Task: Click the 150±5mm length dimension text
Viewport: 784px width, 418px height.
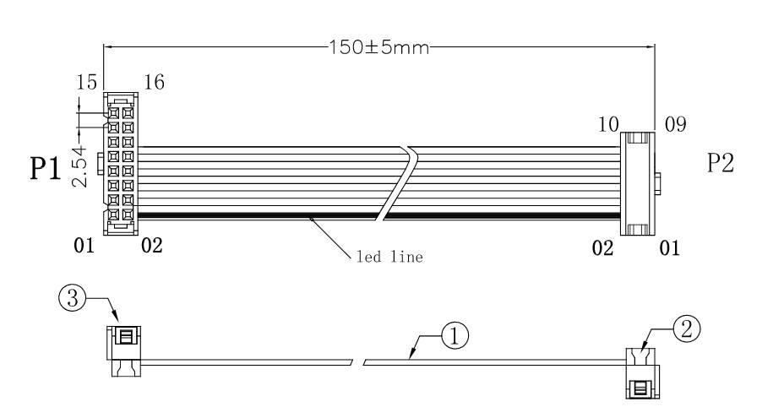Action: pyautogui.click(x=379, y=47)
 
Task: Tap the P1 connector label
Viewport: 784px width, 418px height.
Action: pyautogui.click(x=46, y=168)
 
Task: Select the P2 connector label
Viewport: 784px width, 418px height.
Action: pyautogui.click(x=721, y=162)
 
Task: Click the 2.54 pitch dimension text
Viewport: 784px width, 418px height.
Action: pyautogui.click(x=80, y=166)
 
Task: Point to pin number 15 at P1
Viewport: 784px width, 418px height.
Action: pyautogui.click(x=86, y=82)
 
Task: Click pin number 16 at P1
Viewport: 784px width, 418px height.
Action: pyautogui.click(x=154, y=82)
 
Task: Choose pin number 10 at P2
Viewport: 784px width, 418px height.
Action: pyautogui.click(x=608, y=124)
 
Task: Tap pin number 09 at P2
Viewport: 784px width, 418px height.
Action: pyautogui.click(x=676, y=124)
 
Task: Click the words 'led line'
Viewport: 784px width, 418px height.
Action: pyautogui.click(x=389, y=257)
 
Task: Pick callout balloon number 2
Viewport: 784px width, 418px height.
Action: pyautogui.click(x=687, y=328)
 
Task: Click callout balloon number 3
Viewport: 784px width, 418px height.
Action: pyautogui.click(x=73, y=298)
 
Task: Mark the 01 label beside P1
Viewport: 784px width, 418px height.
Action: pyautogui.click(x=84, y=246)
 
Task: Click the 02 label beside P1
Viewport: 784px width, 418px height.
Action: pyautogui.click(x=152, y=246)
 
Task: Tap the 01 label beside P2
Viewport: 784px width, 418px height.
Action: pyautogui.click(x=669, y=247)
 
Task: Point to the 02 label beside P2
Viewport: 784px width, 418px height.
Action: pyautogui.click(x=602, y=247)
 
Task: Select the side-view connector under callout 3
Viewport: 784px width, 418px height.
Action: pyautogui.click(x=124, y=351)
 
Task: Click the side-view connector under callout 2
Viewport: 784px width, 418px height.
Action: pyautogui.click(x=643, y=373)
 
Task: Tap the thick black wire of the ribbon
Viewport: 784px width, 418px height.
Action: pyautogui.click(x=378, y=215)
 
